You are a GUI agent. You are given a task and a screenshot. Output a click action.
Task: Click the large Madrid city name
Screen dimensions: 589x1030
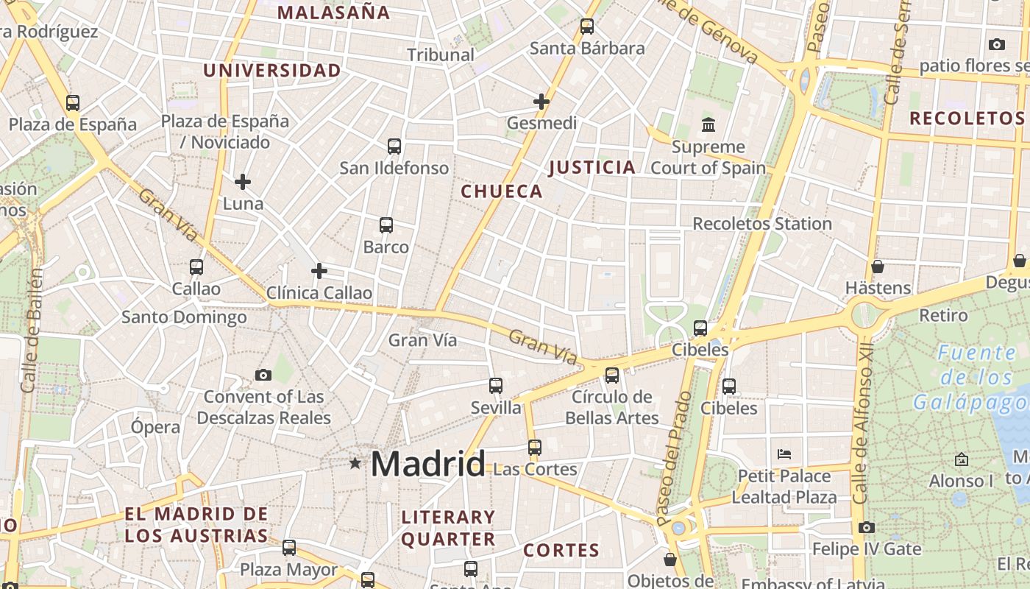coord(427,464)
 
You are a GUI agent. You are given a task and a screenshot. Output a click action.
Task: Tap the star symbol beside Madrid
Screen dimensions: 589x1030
coord(355,463)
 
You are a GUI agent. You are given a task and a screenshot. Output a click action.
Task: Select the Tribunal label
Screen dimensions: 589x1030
coord(441,54)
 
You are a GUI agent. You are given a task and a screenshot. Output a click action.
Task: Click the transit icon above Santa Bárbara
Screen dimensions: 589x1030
coord(587,27)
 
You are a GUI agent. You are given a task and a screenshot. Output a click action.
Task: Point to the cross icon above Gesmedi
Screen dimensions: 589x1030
coord(541,102)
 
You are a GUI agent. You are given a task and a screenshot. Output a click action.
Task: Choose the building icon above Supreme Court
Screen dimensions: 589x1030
coord(708,124)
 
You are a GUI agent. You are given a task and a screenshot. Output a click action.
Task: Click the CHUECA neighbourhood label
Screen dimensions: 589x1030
coord(502,191)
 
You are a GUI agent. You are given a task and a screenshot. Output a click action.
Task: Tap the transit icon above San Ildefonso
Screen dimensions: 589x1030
coord(394,147)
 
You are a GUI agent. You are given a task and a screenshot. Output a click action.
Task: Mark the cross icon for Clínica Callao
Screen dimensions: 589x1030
coord(319,271)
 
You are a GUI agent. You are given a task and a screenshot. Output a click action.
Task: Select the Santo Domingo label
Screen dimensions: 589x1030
coord(184,317)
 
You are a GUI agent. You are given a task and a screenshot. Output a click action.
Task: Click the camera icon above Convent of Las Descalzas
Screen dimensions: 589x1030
coord(263,375)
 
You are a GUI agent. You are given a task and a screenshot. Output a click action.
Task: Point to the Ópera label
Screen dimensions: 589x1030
coord(155,427)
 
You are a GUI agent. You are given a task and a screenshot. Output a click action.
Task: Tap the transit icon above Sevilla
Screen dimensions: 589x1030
coord(496,385)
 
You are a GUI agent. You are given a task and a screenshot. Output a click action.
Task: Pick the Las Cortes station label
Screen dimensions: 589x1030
coord(535,469)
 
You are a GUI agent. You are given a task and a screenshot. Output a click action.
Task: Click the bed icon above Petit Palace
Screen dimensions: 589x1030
coord(784,454)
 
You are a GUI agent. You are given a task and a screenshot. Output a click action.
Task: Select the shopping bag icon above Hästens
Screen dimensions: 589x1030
coord(877,267)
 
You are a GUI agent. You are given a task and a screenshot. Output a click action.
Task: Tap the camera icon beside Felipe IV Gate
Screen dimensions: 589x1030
coord(867,527)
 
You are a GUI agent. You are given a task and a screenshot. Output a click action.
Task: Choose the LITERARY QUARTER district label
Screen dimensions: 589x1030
coord(448,528)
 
